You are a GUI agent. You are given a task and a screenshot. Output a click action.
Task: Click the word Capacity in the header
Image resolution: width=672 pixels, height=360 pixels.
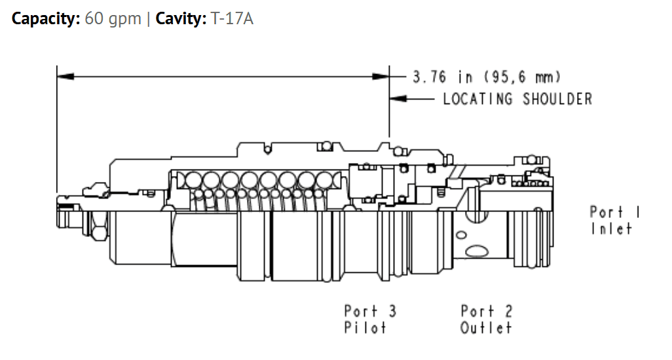[45, 19]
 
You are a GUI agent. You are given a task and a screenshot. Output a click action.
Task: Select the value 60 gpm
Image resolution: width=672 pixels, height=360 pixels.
[113, 19]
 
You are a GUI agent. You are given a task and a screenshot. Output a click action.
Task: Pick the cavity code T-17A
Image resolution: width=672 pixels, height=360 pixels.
[232, 19]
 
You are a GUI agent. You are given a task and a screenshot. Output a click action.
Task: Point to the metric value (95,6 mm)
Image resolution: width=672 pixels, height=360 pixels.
[523, 77]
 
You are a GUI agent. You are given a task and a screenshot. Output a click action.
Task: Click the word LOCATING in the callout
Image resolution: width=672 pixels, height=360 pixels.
[477, 99]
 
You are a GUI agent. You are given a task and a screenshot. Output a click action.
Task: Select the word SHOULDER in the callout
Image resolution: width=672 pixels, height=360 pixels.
[557, 99]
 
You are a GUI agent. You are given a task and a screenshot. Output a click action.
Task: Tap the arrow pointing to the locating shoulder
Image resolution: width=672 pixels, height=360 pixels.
[411, 99]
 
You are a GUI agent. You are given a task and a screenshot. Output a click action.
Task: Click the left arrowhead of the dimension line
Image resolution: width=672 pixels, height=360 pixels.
[65, 77]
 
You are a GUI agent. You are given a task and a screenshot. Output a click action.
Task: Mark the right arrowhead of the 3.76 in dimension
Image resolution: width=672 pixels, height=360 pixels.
[381, 77]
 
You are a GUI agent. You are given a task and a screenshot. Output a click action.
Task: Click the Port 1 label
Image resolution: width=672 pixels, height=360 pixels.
[614, 212]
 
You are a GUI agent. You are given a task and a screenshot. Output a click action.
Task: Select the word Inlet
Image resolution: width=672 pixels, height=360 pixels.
[612, 228]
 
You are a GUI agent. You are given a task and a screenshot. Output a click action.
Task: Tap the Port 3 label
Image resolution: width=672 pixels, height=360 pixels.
[370, 311]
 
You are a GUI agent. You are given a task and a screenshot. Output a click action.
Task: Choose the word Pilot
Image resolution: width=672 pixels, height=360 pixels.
[365, 328]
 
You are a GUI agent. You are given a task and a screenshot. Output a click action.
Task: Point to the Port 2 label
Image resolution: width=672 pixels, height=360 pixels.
[487, 311]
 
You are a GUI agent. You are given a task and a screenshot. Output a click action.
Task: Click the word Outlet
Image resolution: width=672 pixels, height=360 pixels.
[486, 328]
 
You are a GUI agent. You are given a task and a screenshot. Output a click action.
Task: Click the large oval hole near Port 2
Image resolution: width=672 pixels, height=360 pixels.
[477, 251]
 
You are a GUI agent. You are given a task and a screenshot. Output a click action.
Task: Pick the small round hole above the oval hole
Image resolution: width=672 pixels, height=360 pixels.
[461, 234]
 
